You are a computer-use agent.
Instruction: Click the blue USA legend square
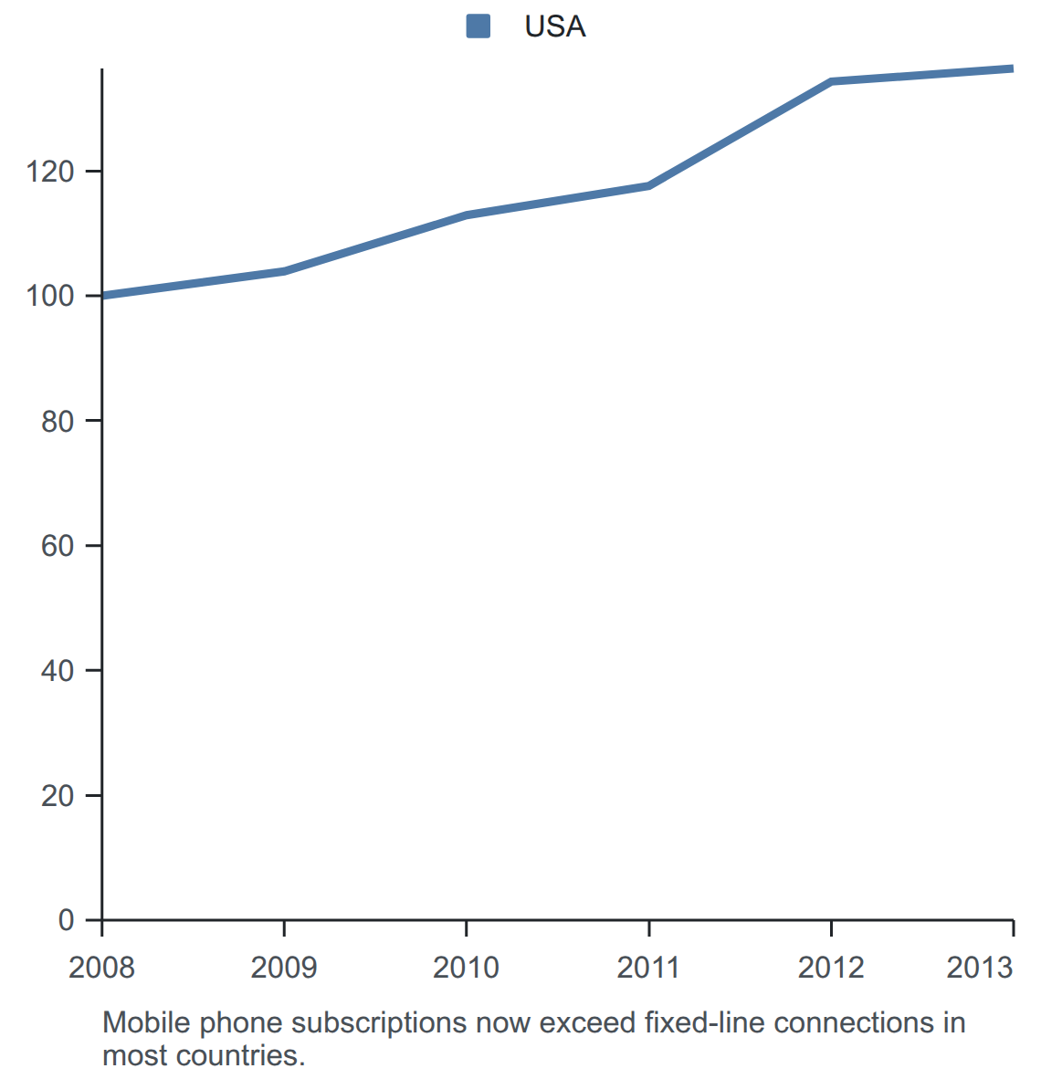point(478,26)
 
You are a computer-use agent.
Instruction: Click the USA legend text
point(555,26)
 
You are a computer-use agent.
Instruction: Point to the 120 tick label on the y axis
point(49,172)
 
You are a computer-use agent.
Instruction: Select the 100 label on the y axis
point(49,296)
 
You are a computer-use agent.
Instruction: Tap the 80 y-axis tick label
point(58,421)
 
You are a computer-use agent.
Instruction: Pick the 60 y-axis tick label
point(58,546)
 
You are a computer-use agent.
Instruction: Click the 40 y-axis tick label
point(58,671)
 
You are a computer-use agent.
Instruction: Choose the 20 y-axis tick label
point(58,795)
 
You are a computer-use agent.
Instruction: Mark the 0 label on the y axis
point(66,920)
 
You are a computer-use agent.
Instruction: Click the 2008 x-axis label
point(102,968)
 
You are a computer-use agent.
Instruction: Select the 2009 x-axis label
point(284,968)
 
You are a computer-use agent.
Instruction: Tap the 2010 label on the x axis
point(466,968)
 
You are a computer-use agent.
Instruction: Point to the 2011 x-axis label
point(647,968)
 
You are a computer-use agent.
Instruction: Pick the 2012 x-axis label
point(831,968)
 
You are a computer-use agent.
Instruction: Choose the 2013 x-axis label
point(980,968)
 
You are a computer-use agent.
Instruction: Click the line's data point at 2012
point(832,82)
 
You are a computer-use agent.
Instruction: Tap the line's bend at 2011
point(649,186)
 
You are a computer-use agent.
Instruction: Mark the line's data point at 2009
point(284,271)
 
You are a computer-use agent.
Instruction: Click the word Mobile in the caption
point(146,1022)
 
